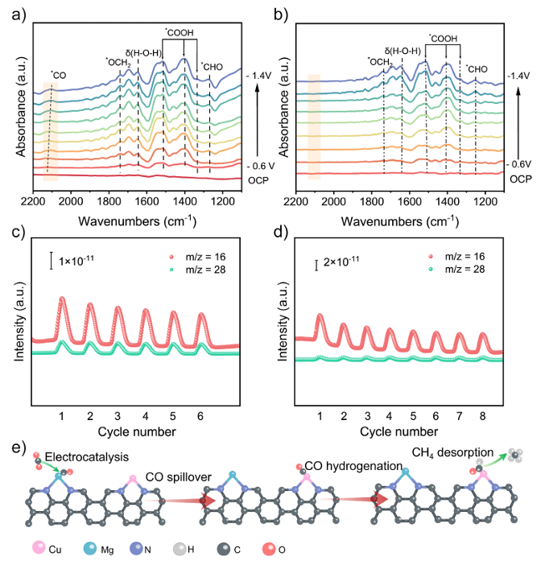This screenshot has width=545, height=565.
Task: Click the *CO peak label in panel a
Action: coord(59,75)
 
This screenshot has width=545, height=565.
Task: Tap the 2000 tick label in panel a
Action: coord(71,201)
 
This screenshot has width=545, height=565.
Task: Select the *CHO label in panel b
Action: coord(477,69)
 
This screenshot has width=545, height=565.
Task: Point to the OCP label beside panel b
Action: coord(521,179)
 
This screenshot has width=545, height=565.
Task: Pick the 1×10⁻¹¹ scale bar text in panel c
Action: coord(76,260)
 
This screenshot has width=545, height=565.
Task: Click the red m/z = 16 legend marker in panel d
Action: coord(431,257)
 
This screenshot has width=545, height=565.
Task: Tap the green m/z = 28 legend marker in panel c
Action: coord(171,270)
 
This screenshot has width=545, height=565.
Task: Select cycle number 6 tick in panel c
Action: coord(200,416)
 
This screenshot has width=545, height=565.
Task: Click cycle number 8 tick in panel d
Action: coord(482,416)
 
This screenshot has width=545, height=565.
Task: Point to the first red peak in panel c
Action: coord(62,299)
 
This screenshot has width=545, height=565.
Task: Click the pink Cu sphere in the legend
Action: coord(39,548)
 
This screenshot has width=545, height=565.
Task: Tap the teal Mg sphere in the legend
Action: coord(90,548)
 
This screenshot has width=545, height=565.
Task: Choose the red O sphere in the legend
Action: coord(269,548)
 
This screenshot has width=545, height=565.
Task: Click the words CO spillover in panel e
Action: coord(179,477)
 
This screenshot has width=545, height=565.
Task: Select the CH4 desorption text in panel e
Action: coord(452,452)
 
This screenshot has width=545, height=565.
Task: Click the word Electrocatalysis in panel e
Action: coord(86,457)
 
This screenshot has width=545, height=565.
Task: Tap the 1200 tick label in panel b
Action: coord(485,201)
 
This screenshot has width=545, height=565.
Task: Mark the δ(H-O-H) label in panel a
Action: coord(143,53)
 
